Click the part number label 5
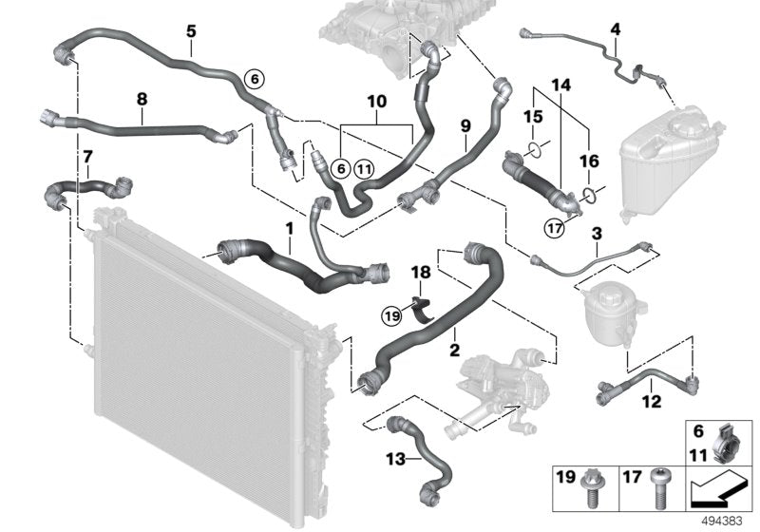click(x=191, y=31)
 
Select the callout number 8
click(x=142, y=97)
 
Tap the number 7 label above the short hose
click(x=87, y=155)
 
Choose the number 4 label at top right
click(x=615, y=29)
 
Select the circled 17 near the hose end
click(x=554, y=226)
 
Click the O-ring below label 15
click(x=536, y=148)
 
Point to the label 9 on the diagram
click(x=465, y=124)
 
